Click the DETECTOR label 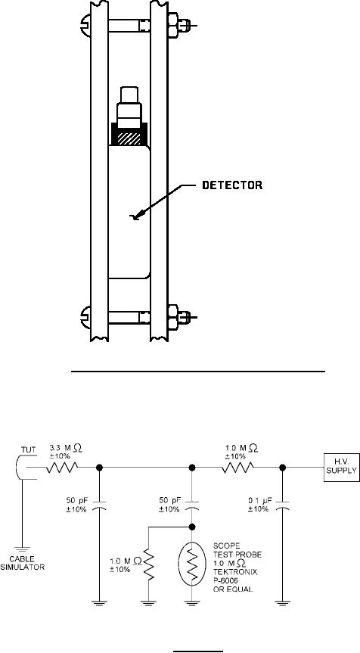click(232, 185)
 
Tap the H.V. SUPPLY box click(341, 468)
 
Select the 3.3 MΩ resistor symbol click(61, 468)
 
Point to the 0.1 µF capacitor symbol click(282, 519)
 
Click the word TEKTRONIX click(233, 572)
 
